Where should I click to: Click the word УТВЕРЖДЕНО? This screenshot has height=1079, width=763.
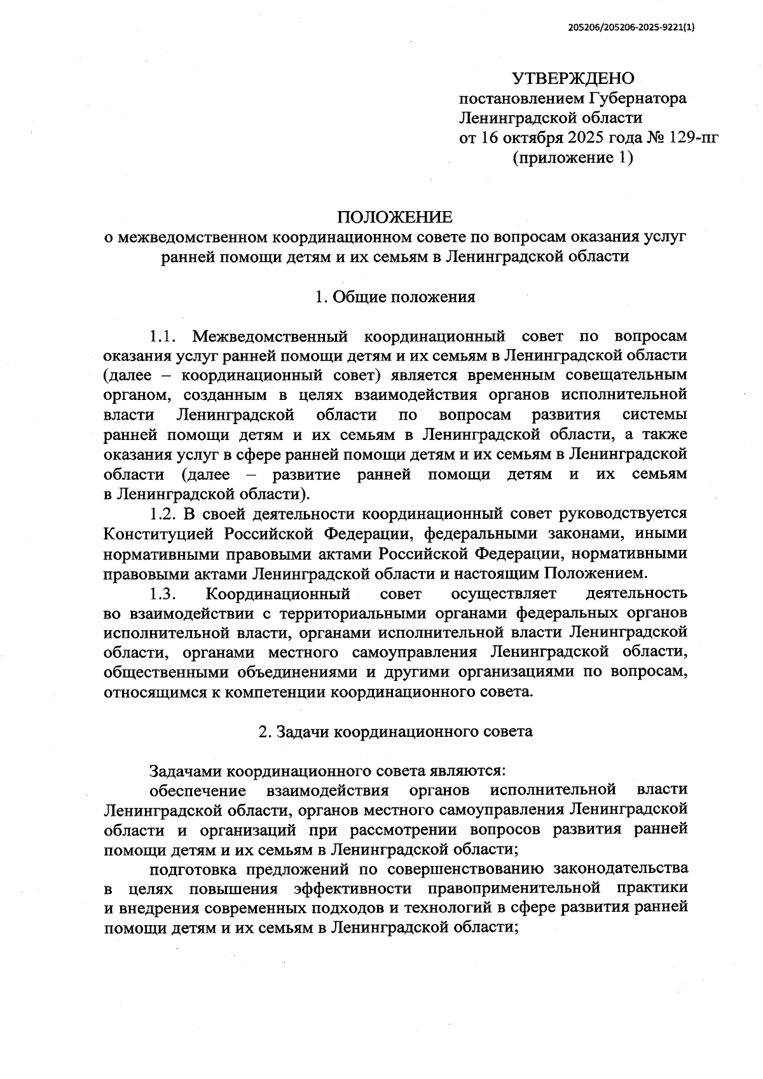[x=573, y=79]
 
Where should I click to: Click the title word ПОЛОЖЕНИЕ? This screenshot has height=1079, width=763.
[x=395, y=217]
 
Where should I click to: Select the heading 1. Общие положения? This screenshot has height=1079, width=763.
[x=395, y=297]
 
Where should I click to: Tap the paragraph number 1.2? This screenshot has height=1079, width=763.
[x=162, y=514]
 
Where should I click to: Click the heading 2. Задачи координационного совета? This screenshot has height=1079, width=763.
[x=395, y=731]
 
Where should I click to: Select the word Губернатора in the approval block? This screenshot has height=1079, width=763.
[x=637, y=99]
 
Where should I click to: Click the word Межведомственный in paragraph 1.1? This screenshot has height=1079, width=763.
[x=269, y=336]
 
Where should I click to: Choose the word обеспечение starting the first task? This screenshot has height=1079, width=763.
[x=198, y=790]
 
